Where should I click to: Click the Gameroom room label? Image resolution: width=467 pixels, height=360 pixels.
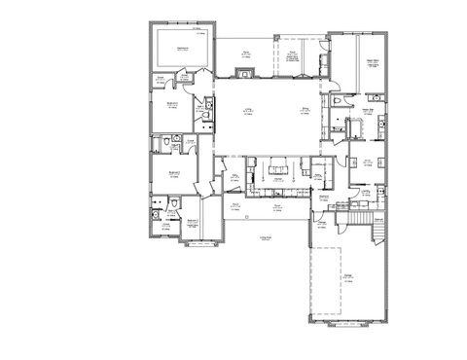pos(182,46)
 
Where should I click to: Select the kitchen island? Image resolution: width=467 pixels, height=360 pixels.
pos(276,165)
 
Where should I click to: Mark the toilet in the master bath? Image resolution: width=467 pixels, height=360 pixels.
pos(336,100)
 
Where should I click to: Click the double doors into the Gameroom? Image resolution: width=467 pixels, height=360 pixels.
pos(191,71)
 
